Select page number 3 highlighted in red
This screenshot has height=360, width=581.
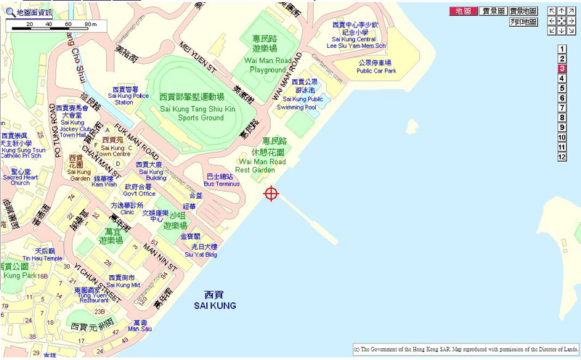561,69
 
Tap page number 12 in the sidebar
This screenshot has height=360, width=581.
561,157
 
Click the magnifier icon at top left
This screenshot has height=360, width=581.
9,12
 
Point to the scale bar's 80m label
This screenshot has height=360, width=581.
89,25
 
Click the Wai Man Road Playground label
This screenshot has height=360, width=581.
265,65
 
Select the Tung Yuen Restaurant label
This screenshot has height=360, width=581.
92,293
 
